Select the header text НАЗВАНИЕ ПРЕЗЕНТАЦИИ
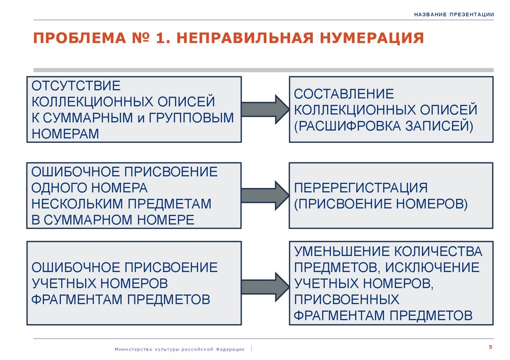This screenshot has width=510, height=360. click(454, 14)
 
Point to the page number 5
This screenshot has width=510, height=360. click(491, 347)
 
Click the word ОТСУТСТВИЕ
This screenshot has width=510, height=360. click(77, 86)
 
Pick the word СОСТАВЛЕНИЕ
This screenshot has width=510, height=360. click(344, 94)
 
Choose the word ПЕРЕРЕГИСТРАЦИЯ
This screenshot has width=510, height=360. click(361, 188)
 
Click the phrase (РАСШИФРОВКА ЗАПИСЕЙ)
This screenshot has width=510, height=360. click(383, 125)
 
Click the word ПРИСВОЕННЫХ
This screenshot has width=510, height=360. click(347, 299)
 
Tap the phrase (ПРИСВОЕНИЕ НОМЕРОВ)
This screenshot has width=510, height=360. click(381, 204)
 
